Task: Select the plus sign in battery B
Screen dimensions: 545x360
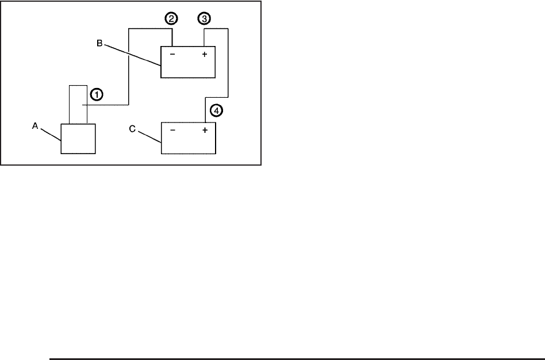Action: (x=204, y=55)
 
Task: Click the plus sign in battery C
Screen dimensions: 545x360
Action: (x=204, y=131)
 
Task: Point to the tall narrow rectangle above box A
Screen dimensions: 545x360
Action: (x=78, y=104)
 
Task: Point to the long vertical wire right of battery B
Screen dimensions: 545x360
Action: (x=229, y=63)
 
